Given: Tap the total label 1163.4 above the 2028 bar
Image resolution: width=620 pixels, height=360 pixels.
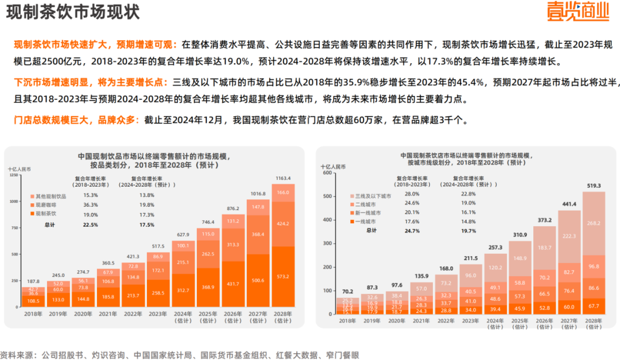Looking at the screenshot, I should [282, 178].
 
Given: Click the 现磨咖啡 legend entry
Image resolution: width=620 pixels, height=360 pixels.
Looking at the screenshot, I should [48, 205].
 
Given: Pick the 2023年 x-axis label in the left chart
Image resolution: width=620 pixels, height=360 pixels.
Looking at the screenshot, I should [158, 313].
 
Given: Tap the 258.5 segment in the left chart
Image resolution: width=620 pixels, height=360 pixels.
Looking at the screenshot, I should [158, 293].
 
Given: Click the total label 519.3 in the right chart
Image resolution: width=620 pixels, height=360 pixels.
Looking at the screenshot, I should [594, 186].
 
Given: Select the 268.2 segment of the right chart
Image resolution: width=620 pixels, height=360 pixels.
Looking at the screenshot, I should [594, 223].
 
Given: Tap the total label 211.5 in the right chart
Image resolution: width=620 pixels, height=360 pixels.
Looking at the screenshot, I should [471, 258].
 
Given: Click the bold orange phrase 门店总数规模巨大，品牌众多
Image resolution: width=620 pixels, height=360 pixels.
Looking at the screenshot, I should [76, 121].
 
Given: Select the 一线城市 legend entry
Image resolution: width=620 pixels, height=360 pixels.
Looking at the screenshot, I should [366, 221].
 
